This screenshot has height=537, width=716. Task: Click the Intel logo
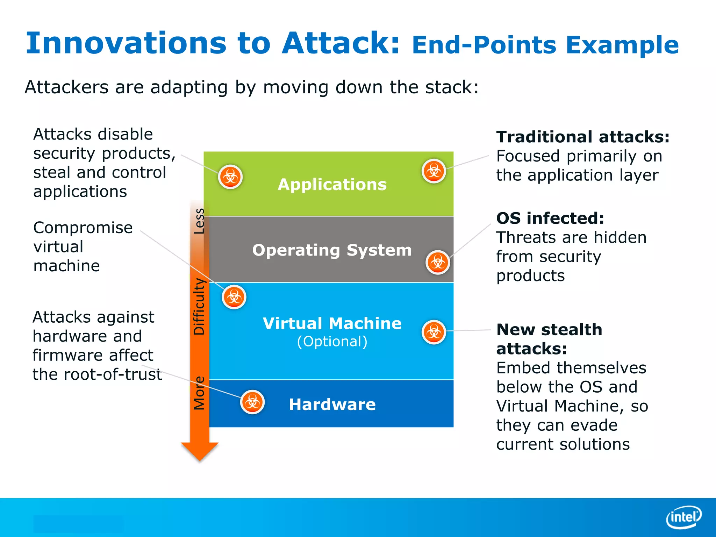pos(684,517)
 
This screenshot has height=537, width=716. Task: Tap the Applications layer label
pos(332,185)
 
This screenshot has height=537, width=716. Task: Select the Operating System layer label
pos(332,250)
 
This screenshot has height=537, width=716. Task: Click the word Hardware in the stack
pos(332,404)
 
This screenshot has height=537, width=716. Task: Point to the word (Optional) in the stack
pos(332,342)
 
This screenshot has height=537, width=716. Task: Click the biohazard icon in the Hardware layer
pos(252,402)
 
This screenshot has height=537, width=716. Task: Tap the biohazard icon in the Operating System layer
pos(437,262)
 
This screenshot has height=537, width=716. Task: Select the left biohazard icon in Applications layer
pos(230,177)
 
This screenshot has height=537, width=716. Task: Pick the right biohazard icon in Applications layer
pos(434,171)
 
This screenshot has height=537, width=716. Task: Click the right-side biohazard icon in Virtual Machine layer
pos(434,332)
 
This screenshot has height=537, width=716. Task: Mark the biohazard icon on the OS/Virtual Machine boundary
pos(234,297)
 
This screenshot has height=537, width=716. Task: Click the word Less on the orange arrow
pos(199,221)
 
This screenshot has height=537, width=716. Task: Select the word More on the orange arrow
pos(199,393)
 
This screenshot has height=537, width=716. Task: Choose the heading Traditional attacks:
pos(583,137)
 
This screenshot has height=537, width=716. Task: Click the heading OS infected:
pos(550,219)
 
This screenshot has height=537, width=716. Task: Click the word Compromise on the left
pos(83,228)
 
